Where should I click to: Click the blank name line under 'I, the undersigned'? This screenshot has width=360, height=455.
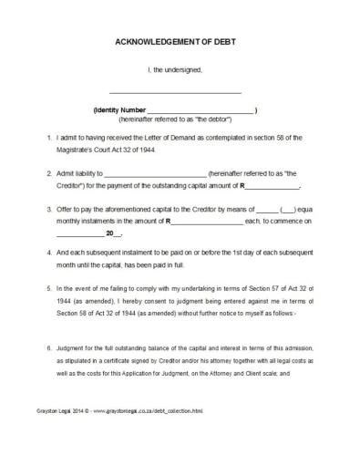[175, 93]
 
